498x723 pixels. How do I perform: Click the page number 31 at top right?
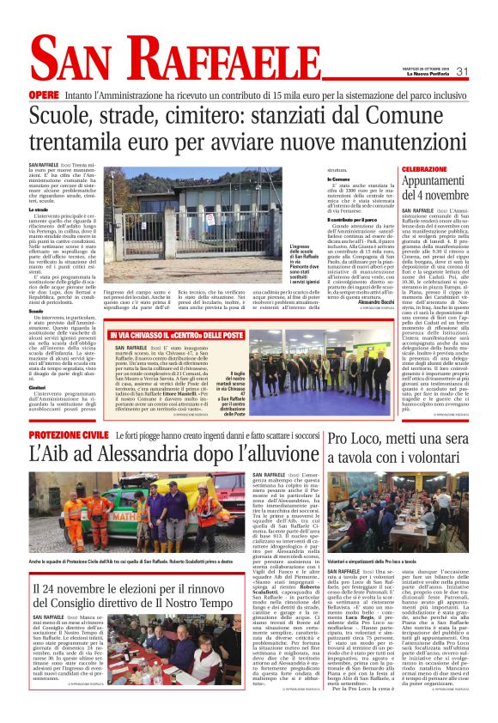460,71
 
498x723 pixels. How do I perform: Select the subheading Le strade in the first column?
38,210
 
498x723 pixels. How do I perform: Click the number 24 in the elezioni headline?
49,611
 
